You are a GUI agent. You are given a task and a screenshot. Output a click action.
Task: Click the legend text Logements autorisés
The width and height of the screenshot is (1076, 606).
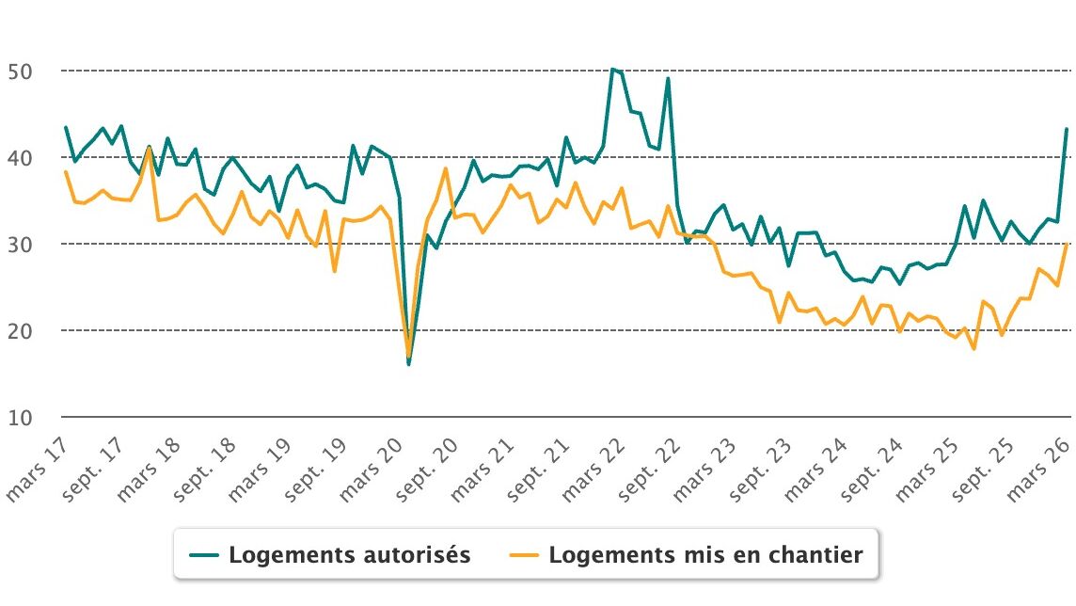pyautogui.click(x=349, y=555)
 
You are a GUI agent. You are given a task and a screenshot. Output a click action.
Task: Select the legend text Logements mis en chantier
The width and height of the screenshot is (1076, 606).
pyautogui.click(x=705, y=555)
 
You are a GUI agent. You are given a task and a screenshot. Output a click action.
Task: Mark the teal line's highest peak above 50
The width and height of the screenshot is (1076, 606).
pyautogui.click(x=612, y=69)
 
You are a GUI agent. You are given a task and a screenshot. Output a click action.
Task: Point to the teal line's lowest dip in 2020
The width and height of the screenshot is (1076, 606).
pyautogui.click(x=408, y=363)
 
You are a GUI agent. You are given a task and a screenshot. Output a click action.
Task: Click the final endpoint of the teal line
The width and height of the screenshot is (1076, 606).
pyautogui.click(x=1067, y=129)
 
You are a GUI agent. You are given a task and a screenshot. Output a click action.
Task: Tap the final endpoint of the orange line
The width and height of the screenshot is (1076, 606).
pyautogui.click(x=1067, y=244)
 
